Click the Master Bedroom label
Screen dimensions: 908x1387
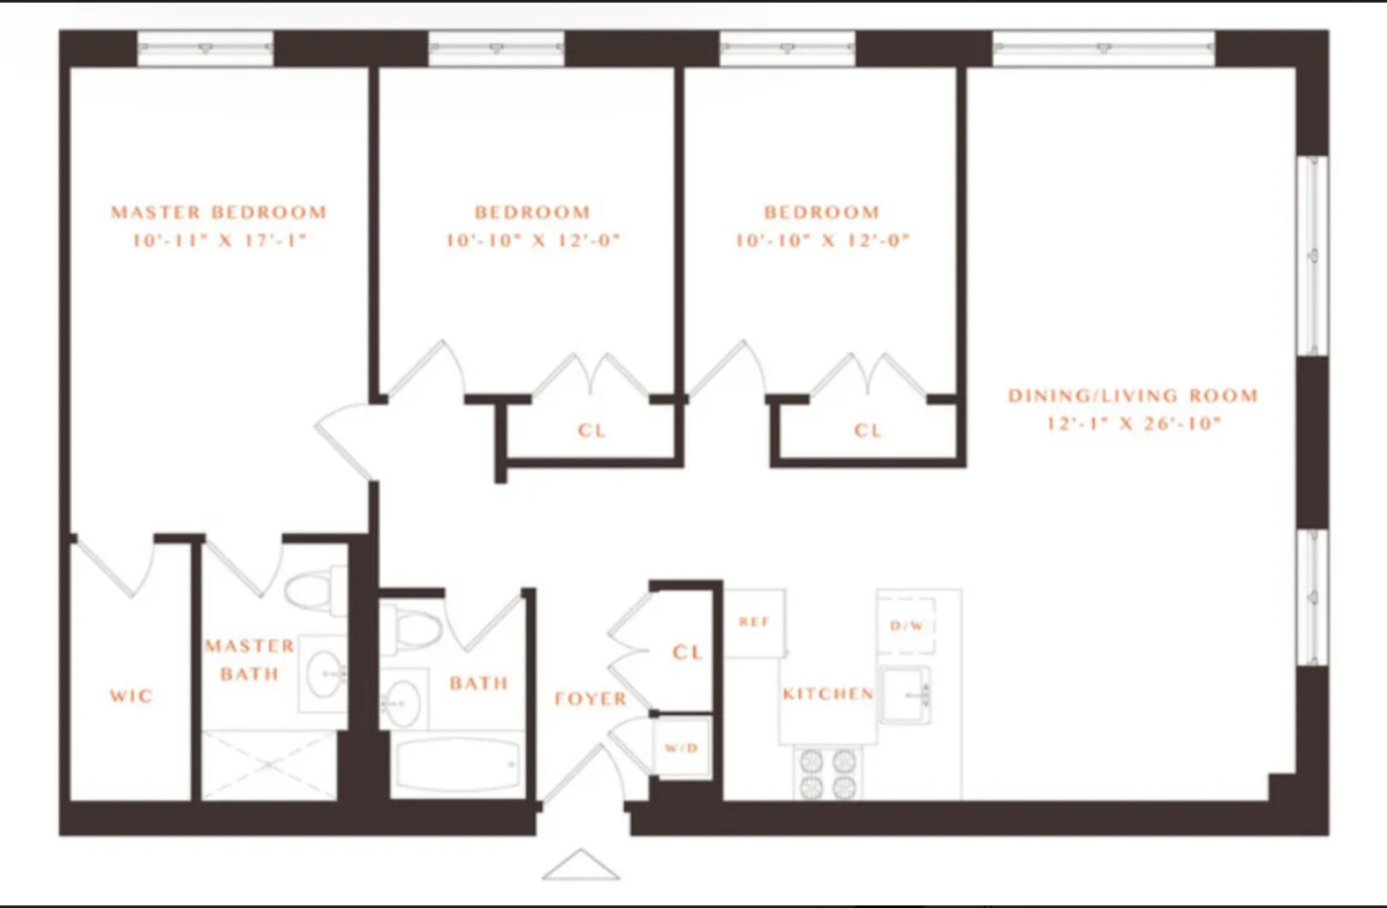219,213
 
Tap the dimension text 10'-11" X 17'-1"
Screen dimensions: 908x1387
219,241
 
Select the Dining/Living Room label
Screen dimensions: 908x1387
1133,396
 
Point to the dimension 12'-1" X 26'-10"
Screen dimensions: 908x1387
1133,423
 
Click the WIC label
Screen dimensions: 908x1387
131,696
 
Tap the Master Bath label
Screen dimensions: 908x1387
249,659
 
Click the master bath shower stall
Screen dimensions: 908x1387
269,765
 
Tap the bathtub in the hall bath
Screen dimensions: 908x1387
459,765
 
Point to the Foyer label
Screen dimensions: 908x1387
590,699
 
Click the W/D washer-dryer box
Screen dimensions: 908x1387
682,747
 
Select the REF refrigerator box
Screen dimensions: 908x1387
755,623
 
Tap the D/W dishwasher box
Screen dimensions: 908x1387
906,626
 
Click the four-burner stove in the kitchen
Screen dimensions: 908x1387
828,774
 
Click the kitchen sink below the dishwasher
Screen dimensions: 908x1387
905,693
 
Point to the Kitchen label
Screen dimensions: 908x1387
828,693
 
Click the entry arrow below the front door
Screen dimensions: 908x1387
581,865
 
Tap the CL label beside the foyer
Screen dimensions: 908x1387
687,652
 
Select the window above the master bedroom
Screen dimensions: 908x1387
205,48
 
